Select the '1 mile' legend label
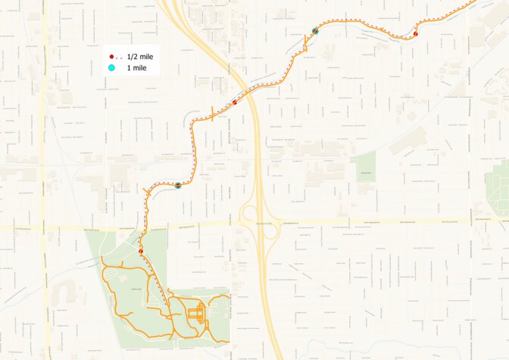(x=136, y=68)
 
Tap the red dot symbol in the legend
(x=111, y=57)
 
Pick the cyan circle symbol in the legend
(x=111, y=68)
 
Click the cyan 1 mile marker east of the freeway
(x=315, y=31)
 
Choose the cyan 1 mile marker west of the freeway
(x=178, y=185)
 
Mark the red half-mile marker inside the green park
(x=141, y=251)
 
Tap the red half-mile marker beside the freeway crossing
(x=235, y=102)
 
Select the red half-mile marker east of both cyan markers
(x=416, y=33)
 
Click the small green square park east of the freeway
(x=364, y=166)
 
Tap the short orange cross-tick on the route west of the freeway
(x=212, y=114)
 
